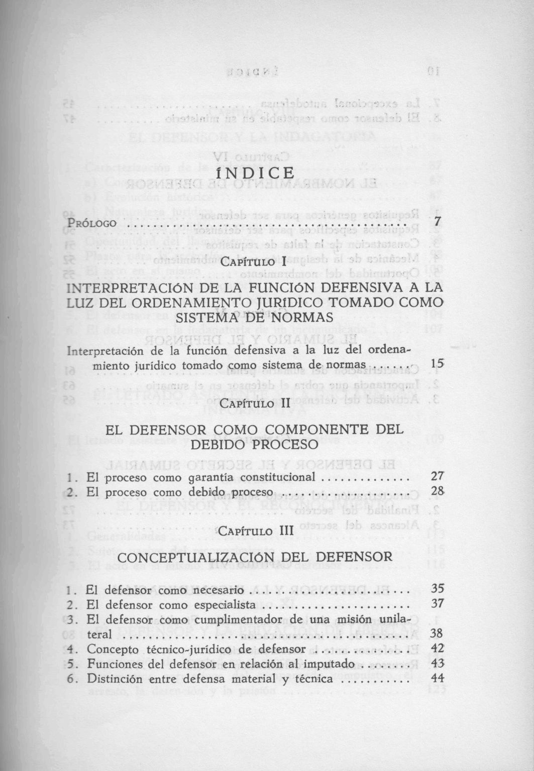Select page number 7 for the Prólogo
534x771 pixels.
[x=437, y=221]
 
